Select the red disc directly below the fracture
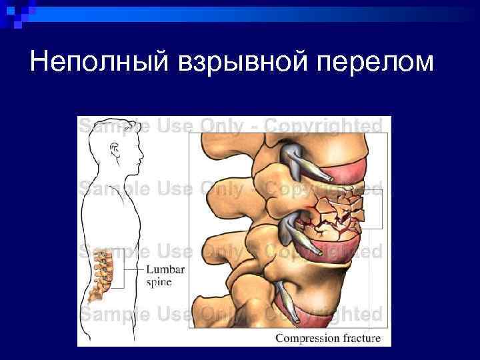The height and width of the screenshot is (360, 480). click(327, 247)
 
